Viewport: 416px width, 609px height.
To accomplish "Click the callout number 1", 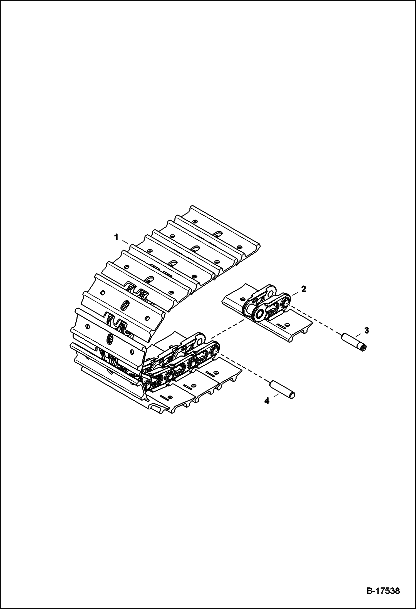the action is pyautogui.click(x=116, y=237).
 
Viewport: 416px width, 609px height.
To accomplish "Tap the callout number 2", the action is pyautogui.click(x=303, y=289).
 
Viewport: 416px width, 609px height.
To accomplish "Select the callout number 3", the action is pyautogui.click(x=367, y=330).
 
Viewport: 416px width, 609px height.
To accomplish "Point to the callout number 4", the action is pyautogui.click(x=267, y=401).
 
